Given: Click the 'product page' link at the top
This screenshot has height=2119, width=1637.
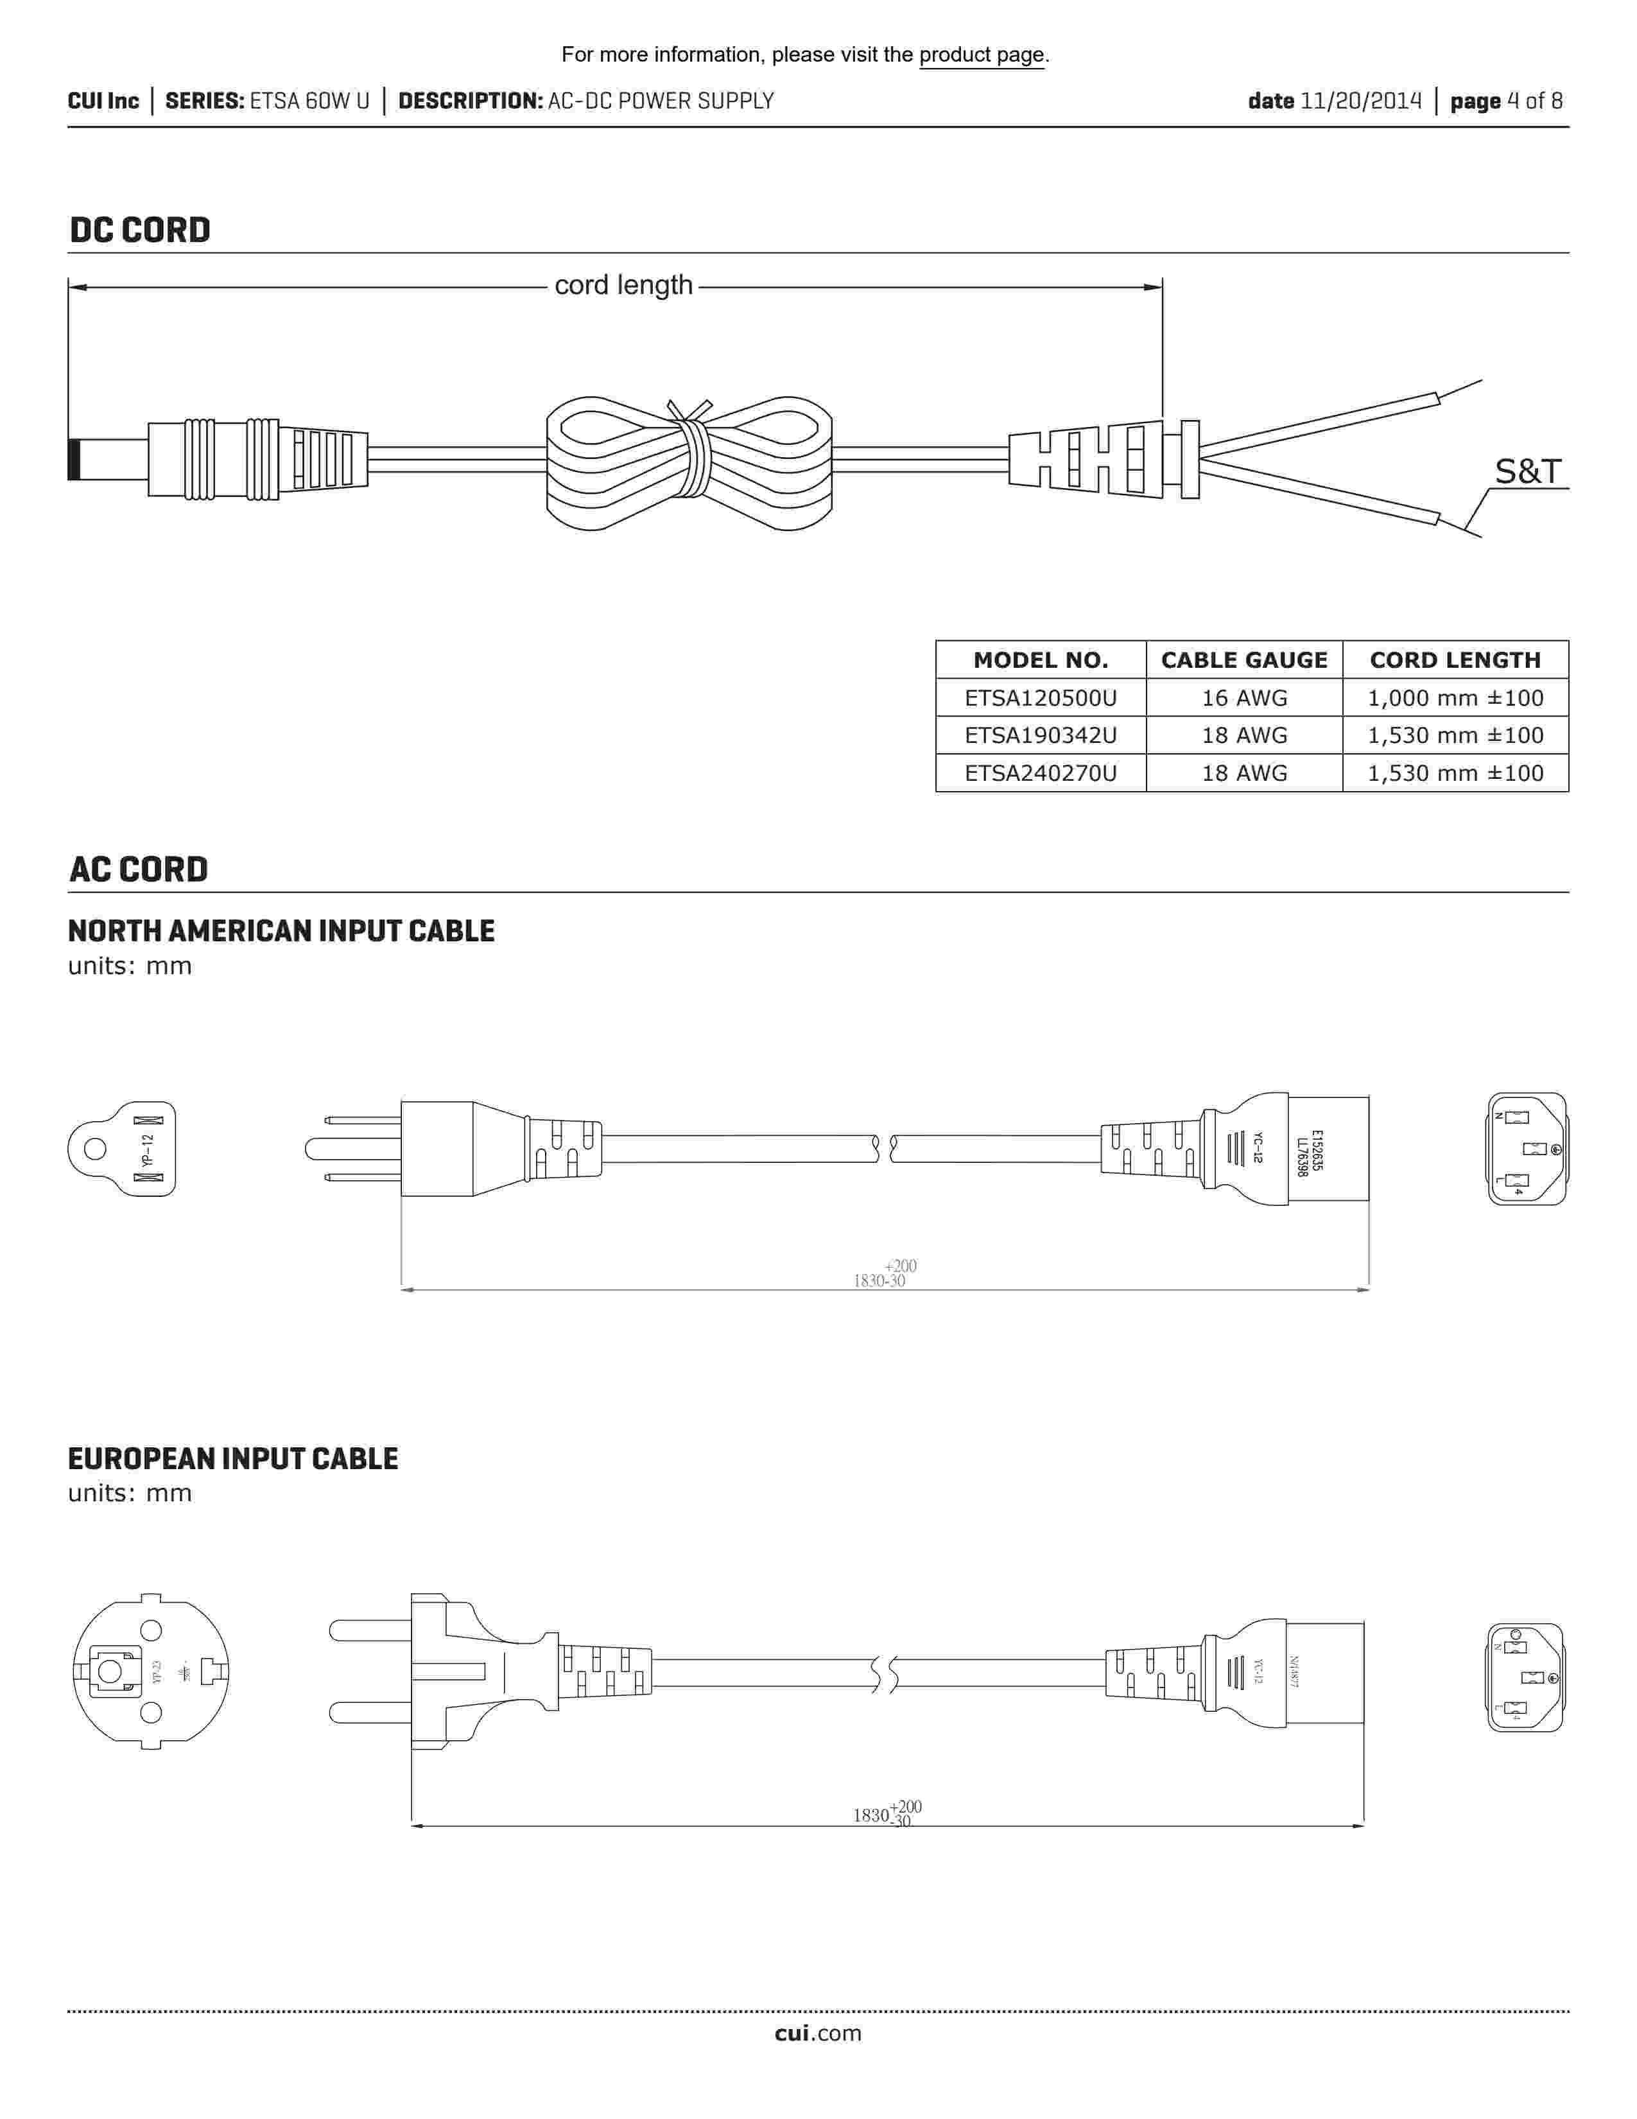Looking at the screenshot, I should (982, 55).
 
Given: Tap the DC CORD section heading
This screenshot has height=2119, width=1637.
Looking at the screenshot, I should (140, 230).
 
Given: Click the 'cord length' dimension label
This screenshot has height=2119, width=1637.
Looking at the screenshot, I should (623, 285).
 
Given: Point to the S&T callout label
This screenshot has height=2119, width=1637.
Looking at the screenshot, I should (1527, 471).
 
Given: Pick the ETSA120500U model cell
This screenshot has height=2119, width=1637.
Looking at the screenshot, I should (1041, 697).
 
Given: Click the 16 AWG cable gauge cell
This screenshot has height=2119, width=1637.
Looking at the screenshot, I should (1244, 697).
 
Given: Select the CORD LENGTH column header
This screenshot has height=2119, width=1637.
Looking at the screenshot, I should (1455, 659).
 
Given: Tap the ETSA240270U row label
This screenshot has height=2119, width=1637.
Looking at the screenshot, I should (1041, 773).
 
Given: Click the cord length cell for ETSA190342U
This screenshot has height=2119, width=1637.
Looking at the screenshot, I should (1455, 735).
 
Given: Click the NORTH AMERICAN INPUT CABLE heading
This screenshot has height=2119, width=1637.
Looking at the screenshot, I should (281, 932).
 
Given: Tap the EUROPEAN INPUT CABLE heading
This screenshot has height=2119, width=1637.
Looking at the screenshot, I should (233, 1460).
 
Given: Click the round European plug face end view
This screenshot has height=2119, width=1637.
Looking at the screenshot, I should (152, 1671).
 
